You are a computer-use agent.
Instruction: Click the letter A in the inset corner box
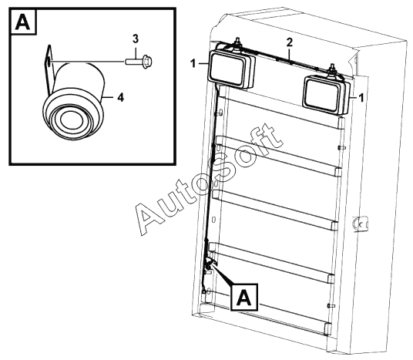tap(22, 22)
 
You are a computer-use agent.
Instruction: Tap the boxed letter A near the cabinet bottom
tap(244, 298)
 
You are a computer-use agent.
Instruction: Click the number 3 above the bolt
tap(135, 39)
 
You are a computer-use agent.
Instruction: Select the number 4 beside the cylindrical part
tap(120, 98)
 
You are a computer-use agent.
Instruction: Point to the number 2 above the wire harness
tap(290, 42)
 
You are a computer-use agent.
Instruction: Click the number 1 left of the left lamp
tap(193, 63)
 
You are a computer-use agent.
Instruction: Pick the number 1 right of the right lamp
tap(361, 98)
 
